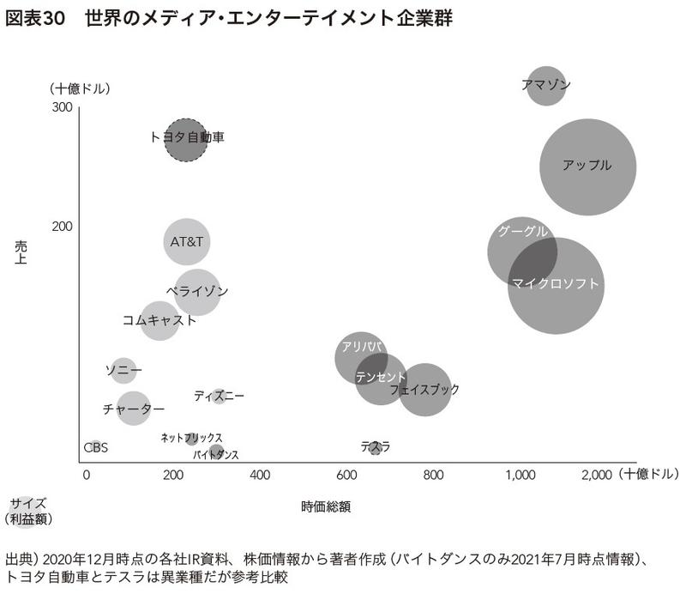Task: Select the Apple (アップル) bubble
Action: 587,167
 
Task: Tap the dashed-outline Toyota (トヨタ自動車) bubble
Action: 186,140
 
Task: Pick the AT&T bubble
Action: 187,241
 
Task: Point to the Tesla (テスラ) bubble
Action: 375,447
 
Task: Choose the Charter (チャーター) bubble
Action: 133,408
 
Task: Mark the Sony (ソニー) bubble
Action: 123,370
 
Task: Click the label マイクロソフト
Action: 555,283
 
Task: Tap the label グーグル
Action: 522,232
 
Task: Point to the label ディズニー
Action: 219,396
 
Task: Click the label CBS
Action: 95,447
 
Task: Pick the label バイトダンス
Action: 215,454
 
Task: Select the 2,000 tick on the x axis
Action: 596,474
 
